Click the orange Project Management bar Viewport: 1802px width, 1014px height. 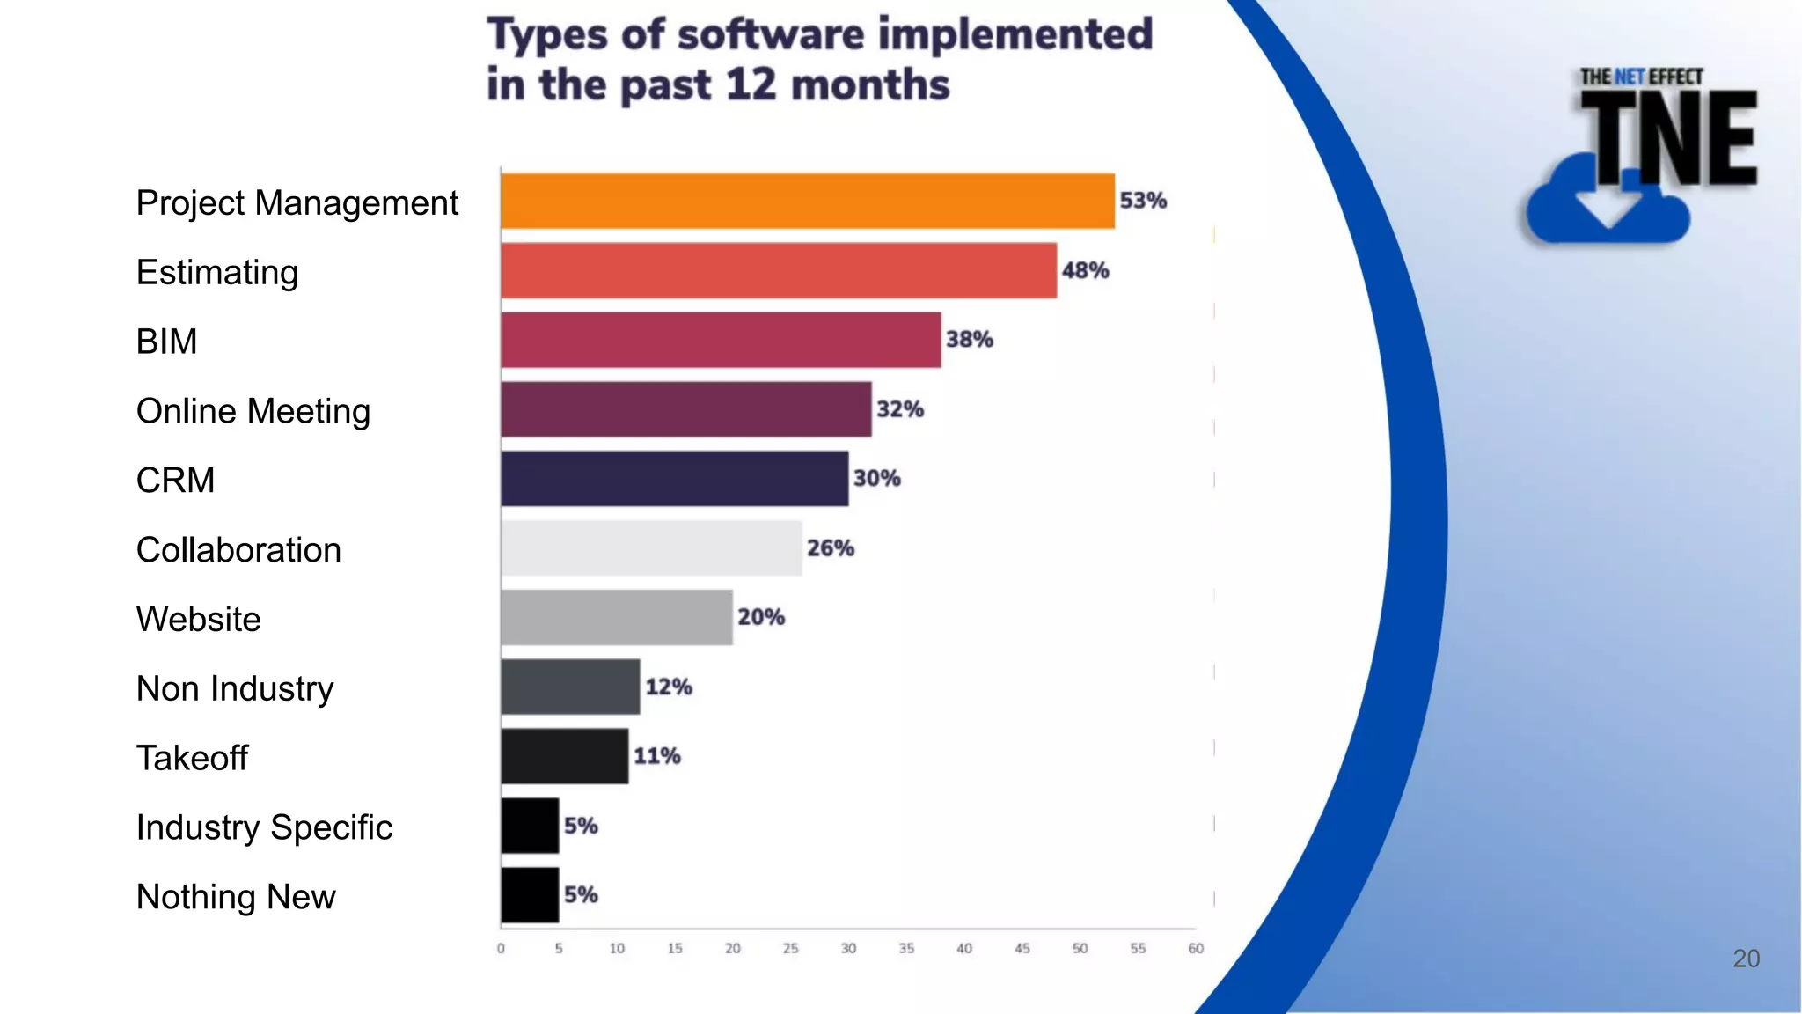tap(807, 202)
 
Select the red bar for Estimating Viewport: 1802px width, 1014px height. tap(778, 271)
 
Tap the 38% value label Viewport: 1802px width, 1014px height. tap(969, 340)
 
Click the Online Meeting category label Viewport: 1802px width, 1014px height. tap(253, 411)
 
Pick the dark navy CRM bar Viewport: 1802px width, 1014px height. tap(674, 479)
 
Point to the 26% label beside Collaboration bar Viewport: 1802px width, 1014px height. tap(830, 548)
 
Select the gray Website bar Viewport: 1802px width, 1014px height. tap(616, 618)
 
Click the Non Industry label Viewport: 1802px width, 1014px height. tap(235, 688)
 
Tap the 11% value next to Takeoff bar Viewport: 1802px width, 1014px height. tap(656, 756)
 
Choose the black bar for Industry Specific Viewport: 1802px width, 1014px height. tap(530, 826)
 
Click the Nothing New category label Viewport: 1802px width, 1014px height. tap(236, 897)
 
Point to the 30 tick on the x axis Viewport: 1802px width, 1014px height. tap(848, 949)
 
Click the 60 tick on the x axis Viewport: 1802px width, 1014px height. tap(1195, 949)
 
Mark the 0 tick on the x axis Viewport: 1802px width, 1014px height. tap(501, 949)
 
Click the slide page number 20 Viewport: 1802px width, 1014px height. tap(1746, 959)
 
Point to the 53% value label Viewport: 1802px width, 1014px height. tap(1142, 201)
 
